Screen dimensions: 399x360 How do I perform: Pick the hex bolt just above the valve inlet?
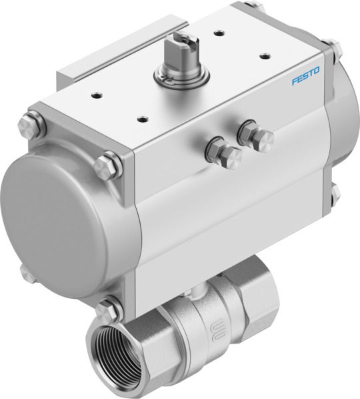pyautogui.click(x=107, y=309)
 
